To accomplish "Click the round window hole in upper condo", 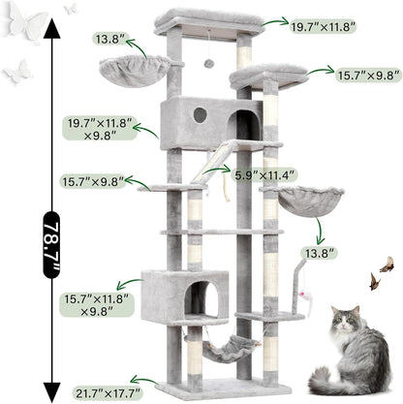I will click(200, 114).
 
